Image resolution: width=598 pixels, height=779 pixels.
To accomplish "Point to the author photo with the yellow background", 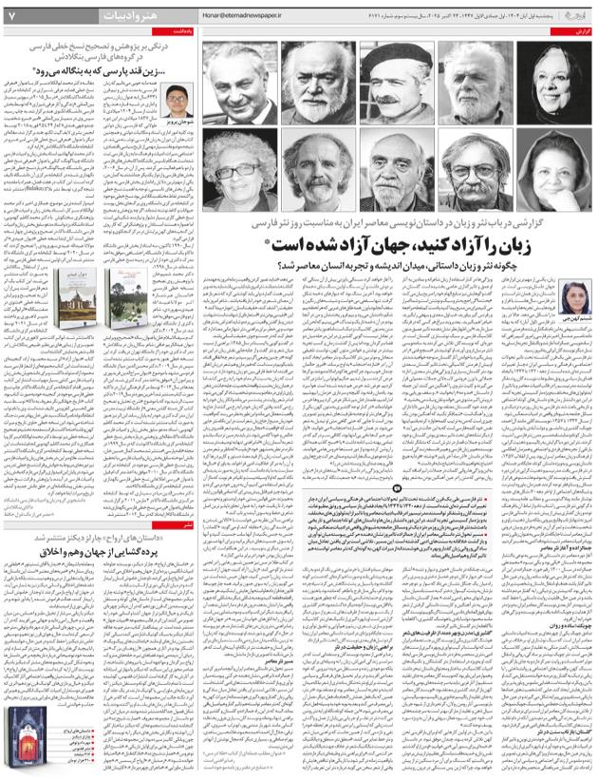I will pos(176,101).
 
